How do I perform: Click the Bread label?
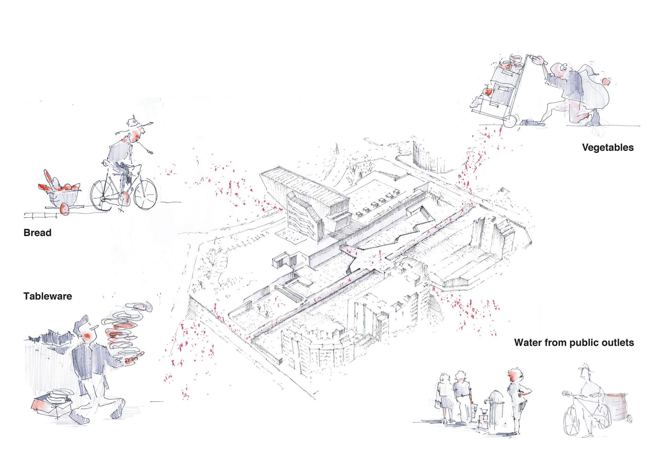click(37, 233)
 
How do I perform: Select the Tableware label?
click(48, 296)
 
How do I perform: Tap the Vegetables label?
click(608, 148)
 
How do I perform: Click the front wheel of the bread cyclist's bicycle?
click(146, 194)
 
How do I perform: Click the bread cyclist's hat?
click(132, 121)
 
